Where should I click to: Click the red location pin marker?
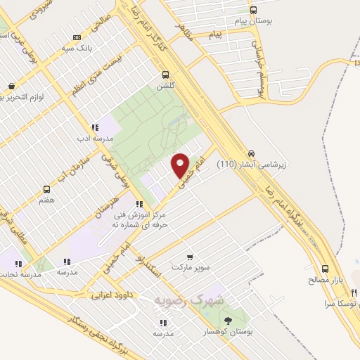coord(181,165)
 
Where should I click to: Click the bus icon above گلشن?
coord(166,75)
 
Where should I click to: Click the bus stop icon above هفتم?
coord(47,189)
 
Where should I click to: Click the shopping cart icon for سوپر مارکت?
coord(188,257)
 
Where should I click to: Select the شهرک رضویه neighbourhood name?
coord(190,299)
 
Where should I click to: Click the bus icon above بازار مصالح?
coord(325,269)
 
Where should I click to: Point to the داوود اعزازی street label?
coord(112,296)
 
